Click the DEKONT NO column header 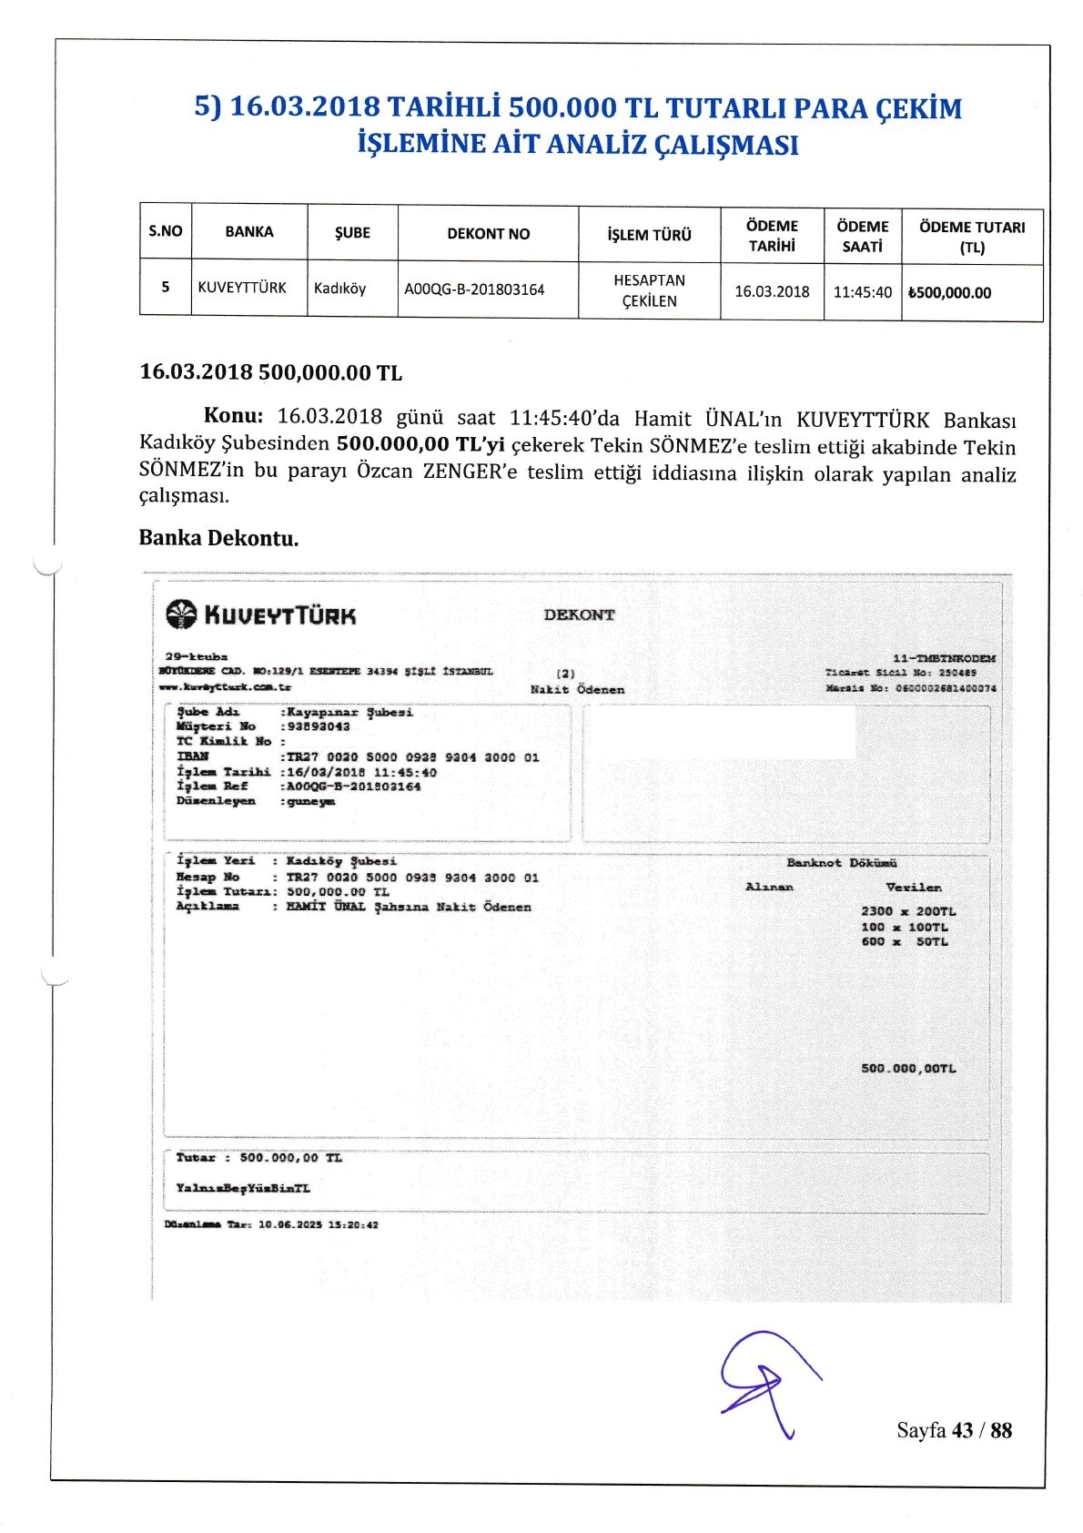pyautogui.click(x=488, y=234)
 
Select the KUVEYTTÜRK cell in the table pyautogui.click(x=242, y=288)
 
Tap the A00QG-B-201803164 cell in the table pyautogui.click(x=474, y=289)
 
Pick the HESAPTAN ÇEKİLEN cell pyautogui.click(x=649, y=290)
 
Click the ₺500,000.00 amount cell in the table pyautogui.click(x=949, y=293)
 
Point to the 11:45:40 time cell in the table pyautogui.click(x=863, y=292)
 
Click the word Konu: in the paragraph pyautogui.click(x=233, y=416)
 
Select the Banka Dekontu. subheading pyautogui.click(x=218, y=538)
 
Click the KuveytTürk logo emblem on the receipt pyautogui.click(x=181, y=614)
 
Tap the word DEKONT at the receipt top pyautogui.click(x=579, y=614)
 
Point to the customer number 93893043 pyautogui.click(x=318, y=726)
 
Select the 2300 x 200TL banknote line pyautogui.click(x=908, y=911)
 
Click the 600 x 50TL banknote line pyautogui.click(x=905, y=942)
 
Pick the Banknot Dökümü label pyautogui.click(x=842, y=863)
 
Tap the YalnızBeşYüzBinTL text pyautogui.click(x=243, y=1188)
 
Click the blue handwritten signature pyautogui.click(x=764, y=1380)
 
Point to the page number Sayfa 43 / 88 pyautogui.click(x=954, y=1430)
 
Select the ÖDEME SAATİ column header pyautogui.click(x=862, y=236)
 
